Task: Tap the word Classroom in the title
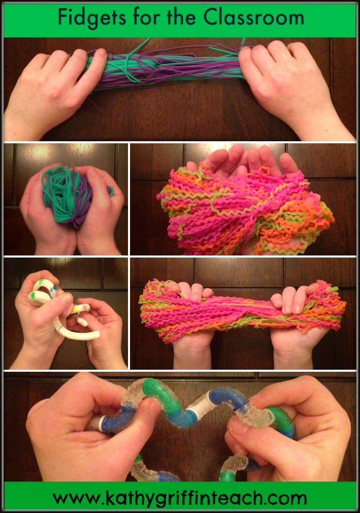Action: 253,18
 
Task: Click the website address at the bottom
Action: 179,497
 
